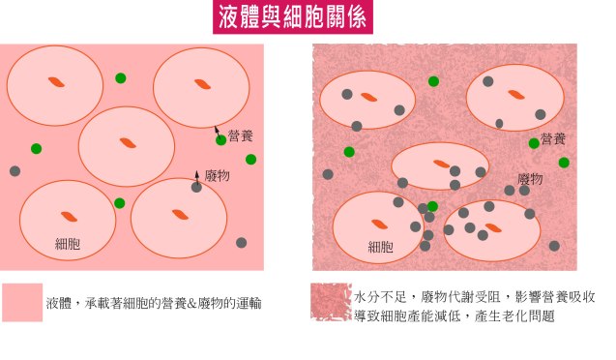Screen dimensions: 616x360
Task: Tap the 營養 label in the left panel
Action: [240, 137]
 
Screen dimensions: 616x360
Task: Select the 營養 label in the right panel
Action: [554, 139]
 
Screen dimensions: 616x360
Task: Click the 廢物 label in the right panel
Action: [530, 179]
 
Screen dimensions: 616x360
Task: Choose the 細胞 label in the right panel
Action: [380, 247]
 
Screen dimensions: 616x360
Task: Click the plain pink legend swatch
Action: [22, 302]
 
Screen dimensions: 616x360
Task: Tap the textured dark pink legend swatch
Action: [331, 302]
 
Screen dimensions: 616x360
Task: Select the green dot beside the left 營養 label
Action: [221, 140]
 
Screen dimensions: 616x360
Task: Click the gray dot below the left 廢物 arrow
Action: [196, 188]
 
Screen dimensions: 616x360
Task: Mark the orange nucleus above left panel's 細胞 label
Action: [69, 216]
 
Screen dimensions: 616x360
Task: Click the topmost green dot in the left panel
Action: [120, 78]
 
